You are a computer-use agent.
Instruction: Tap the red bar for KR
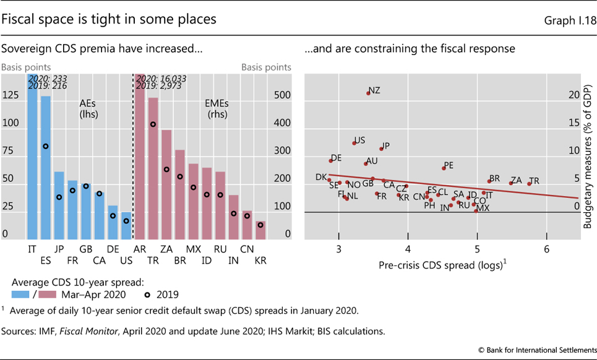tap(261, 230)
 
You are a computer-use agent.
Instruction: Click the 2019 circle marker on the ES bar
tap(46, 146)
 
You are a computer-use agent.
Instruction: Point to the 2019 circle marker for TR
tap(153, 124)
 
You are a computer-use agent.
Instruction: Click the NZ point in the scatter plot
tap(369, 93)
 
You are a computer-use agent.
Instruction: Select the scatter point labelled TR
tap(530, 183)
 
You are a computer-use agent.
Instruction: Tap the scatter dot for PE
tap(444, 168)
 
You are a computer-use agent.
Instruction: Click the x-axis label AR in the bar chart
tap(139, 249)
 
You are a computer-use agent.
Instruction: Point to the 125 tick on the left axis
tap(10, 96)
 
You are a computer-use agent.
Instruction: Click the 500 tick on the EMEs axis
tap(283, 96)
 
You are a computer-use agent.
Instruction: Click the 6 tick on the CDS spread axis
tap(546, 249)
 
